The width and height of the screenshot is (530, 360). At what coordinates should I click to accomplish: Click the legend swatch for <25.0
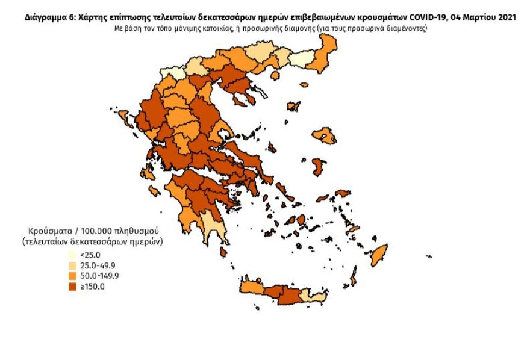click(x=72, y=256)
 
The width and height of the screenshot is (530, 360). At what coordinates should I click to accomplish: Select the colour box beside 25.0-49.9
click(x=72, y=266)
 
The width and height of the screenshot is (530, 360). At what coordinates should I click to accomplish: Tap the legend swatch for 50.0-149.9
click(x=72, y=276)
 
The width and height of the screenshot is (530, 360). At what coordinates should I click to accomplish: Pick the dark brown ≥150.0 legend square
click(x=72, y=287)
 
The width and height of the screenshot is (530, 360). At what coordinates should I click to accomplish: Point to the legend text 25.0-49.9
click(x=99, y=266)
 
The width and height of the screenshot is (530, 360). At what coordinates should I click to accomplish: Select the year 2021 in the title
click(x=505, y=19)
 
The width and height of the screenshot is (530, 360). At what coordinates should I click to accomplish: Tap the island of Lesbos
click(x=324, y=135)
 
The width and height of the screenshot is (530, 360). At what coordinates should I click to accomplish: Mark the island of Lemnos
click(x=294, y=107)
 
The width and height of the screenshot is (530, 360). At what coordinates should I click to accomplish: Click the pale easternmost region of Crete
click(x=314, y=296)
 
